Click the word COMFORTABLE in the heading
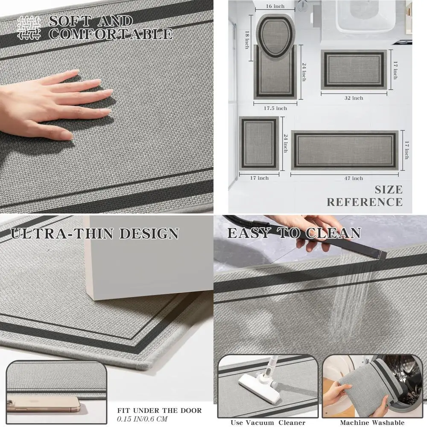pos(111,34)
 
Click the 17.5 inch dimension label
pos(275,108)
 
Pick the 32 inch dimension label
pos(354,98)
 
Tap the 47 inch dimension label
pos(353,178)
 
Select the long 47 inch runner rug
pos(344,150)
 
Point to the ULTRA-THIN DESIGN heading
pos(94,234)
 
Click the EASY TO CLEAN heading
pos(294,233)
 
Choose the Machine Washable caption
pos(372,423)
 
